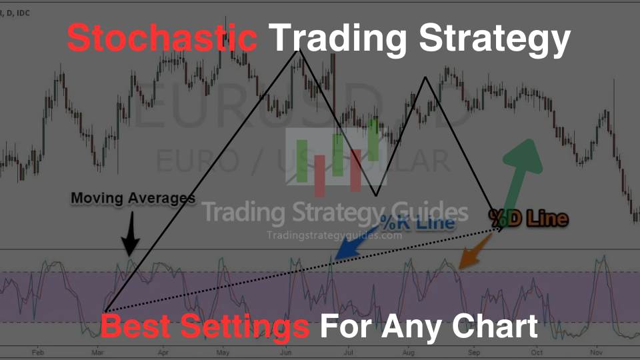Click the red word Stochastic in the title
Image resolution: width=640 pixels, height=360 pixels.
point(162,39)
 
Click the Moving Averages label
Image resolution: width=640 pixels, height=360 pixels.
point(133,198)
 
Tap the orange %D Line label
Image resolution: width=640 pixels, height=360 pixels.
point(528,218)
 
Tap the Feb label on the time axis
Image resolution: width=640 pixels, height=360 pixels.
point(38,351)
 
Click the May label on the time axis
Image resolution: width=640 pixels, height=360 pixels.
point(223,351)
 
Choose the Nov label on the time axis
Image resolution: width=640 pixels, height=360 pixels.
point(597,351)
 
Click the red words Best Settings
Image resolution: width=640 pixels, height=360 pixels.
point(205,327)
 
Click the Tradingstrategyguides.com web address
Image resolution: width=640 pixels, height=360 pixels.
point(334,235)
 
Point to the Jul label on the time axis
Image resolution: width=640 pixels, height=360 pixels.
point(349,351)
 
